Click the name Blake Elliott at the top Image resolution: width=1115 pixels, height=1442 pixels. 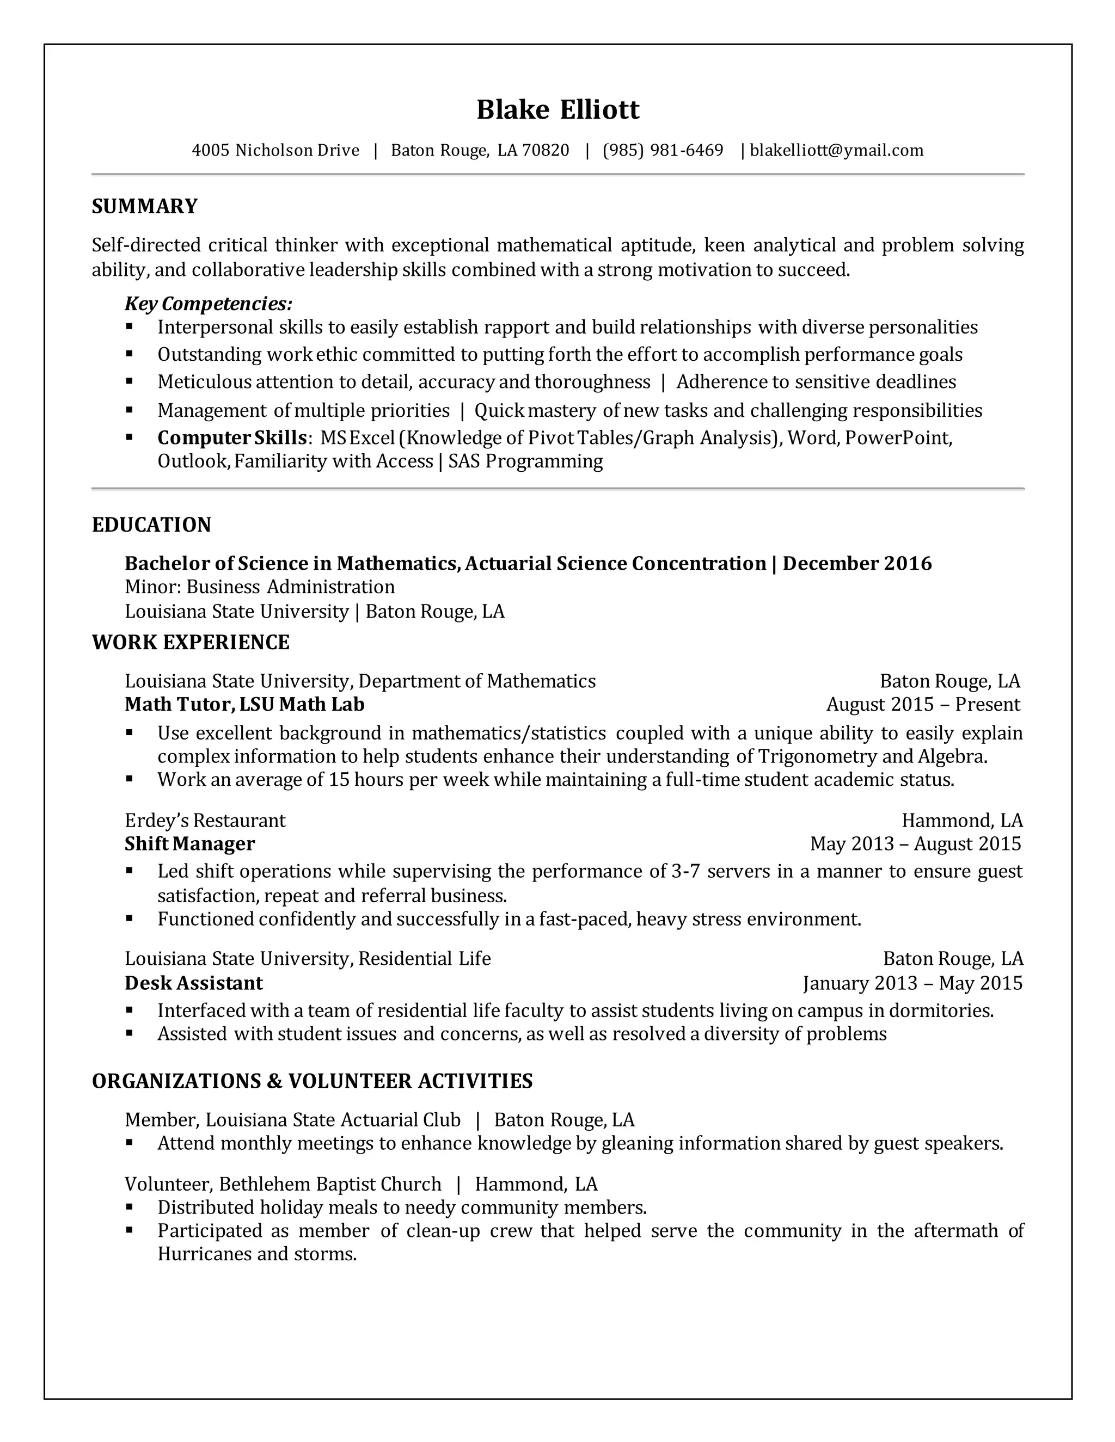557,109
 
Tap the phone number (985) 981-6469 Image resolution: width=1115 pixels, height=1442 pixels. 663,151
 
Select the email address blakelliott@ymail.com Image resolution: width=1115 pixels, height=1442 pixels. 836,151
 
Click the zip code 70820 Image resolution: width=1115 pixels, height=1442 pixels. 545,151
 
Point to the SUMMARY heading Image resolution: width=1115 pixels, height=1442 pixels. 145,206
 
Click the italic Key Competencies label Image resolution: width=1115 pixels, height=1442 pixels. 208,304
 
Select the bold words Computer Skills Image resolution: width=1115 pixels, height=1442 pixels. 232,437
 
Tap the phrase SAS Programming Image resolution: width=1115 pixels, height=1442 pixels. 525,461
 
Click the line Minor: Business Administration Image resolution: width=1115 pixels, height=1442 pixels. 260,587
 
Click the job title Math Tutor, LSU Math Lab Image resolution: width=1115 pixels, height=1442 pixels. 244,705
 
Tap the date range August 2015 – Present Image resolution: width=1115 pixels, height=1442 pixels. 923,705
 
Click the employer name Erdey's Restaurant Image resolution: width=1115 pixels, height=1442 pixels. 205,821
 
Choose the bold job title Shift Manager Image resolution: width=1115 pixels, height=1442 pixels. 189,844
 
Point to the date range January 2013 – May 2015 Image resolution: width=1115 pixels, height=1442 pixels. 912,983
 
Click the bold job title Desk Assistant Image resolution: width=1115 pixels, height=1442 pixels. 193,983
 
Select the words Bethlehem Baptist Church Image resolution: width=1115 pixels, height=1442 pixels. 329,1184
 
